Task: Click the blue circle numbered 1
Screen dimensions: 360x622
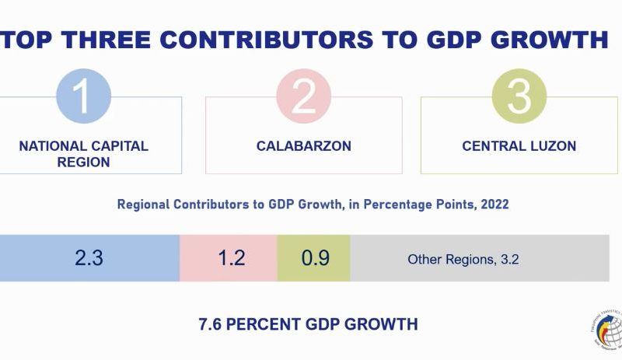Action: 84,96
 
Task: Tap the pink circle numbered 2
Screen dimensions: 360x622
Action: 303,96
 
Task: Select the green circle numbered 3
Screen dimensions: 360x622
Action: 519,96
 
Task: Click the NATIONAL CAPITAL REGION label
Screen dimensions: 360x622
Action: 83,154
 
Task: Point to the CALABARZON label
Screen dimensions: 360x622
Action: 304,146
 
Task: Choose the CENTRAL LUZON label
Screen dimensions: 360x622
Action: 519,146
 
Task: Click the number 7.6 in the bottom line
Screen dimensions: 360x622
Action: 211,324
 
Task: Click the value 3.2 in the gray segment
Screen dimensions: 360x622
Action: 509,260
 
